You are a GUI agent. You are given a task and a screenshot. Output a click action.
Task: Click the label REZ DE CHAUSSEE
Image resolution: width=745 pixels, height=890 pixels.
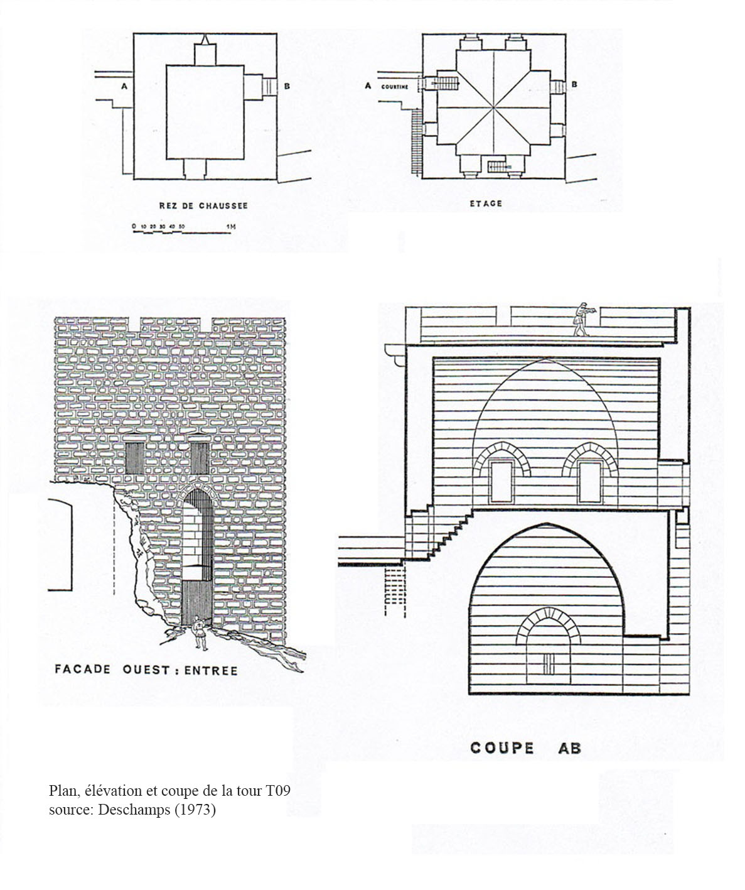pyautogui.click(x=203, y=205)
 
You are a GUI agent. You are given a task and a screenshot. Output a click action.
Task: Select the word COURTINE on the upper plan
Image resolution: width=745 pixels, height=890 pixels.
pyautogui.click(x=394, y=87)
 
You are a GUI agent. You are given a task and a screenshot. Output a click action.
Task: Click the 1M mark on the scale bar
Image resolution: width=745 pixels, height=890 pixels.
pyautogui.click(x=230, y=227)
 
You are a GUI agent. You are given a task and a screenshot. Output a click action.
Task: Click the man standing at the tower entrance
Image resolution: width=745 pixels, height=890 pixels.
pyautogui.click(x=199, y=632)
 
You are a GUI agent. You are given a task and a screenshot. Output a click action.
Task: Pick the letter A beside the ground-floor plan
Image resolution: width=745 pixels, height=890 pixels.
pyautogui.click(x=124, y=86)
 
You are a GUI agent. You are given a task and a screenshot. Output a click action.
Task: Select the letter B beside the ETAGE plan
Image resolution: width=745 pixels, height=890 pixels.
pyautogui.click(x=574, y=84)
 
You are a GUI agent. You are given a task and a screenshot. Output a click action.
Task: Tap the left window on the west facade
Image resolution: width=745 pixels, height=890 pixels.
pyautogui.click(x=134, y=458)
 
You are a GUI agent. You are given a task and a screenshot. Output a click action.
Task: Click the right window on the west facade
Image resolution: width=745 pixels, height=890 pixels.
pyautogui.click(x=200, y=458)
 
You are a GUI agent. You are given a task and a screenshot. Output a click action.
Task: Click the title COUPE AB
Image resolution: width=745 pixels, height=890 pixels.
pyautogui.click(x=525, y=747)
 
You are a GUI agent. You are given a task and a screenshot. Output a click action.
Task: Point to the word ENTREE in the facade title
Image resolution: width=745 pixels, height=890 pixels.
pyautogui.click(x=210, y=671)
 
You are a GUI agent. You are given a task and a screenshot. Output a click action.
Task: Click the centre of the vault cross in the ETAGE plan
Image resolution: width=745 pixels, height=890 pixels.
pyautogui.click(x=494, y=107)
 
